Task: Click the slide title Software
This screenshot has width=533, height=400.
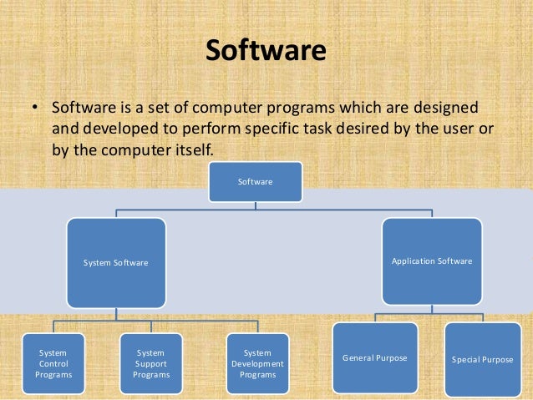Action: click(266, 52)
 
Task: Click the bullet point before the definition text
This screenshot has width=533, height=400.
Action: click(35, 110)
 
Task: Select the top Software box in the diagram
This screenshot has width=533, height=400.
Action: click(255, 181)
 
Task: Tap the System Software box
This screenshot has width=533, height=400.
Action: click(116, 262)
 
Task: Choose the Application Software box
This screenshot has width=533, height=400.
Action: click(431, 261)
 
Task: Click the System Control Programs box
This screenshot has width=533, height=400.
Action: click(53, 364)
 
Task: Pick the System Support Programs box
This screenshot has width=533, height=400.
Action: click(151, 364)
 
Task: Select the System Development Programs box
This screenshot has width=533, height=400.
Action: click(256, 364)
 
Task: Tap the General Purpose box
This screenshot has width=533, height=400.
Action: click(374, 358)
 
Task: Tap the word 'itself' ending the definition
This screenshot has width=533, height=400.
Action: click(192, 150)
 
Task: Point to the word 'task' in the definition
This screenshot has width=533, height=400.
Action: click(338, 130)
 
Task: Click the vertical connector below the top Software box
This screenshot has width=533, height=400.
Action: click(256, 205)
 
